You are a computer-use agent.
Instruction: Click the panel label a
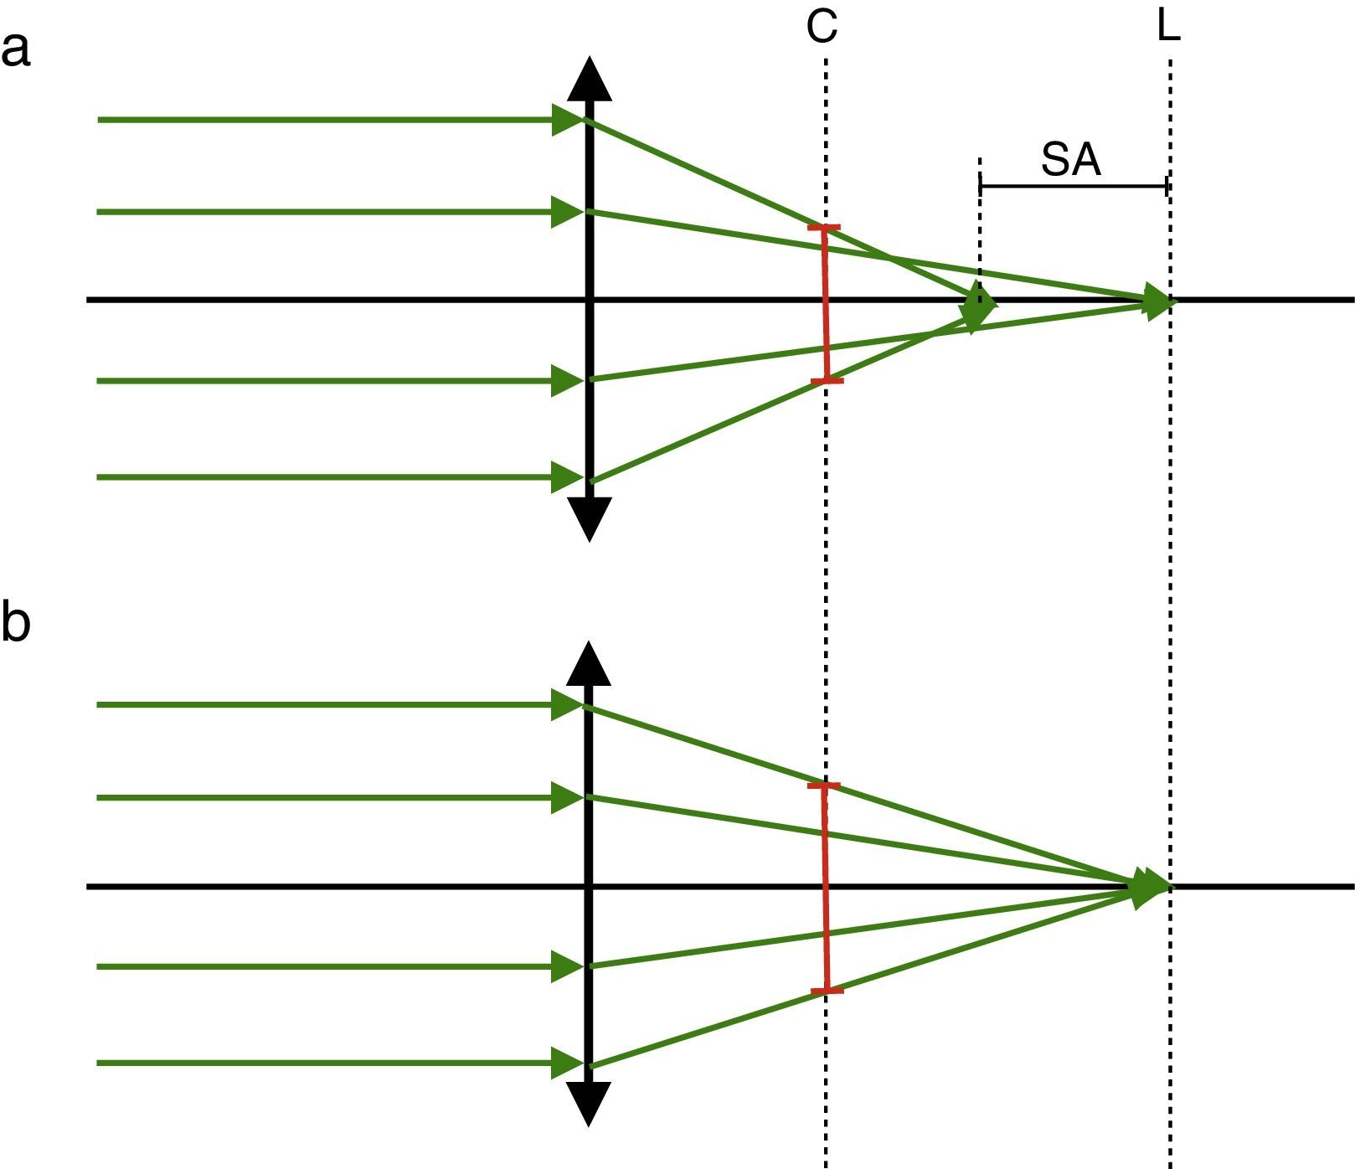coord(16,49)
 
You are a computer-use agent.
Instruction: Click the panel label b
coord(16,623)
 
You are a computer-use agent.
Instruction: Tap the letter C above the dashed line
coord(822,27)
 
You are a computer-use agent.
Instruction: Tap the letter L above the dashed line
coord(1168,27)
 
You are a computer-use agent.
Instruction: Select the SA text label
coord(1070,159)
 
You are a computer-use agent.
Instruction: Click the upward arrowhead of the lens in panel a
coord(590,80)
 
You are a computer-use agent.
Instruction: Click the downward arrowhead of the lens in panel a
coord(590,519)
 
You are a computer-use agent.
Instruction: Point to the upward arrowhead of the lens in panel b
coord(590,664)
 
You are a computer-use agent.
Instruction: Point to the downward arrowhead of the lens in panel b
coord(590,1104)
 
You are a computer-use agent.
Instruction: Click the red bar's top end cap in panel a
coord(824,228)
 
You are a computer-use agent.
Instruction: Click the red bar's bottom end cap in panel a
coord(827,381)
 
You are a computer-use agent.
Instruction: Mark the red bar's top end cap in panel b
coord(824,785)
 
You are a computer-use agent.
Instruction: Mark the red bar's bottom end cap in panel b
coord(827,991)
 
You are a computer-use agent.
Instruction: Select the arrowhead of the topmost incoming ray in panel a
coord(567,120)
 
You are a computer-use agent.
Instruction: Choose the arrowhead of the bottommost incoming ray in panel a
coord(567,477)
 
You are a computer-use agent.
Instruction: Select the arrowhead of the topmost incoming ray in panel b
coord(567,705)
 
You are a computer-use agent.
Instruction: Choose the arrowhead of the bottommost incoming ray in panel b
coord(567,1063)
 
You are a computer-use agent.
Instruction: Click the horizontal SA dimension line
coord(1073,186)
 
